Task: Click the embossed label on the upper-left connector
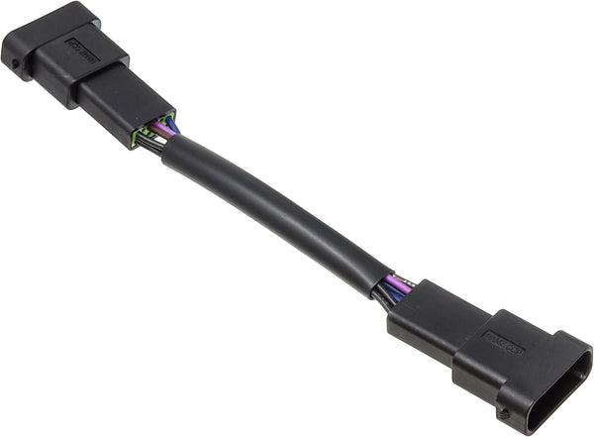coord(82,50)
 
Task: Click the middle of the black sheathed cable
coord(272,213)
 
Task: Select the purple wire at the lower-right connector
coord(399,282)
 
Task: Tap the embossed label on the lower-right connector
coord(504,343)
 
